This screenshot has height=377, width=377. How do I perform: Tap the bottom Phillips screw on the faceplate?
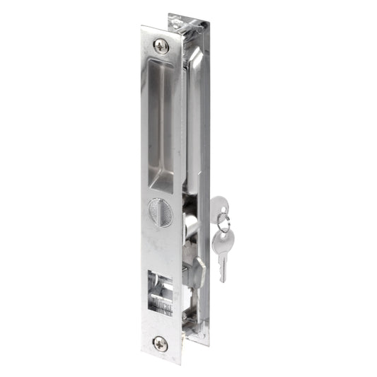click(161, 343)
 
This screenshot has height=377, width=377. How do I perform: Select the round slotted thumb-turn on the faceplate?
click(160, 211)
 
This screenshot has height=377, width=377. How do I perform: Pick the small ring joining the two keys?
click(223, 226)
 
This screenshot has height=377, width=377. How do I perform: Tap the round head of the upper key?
click(219, 206)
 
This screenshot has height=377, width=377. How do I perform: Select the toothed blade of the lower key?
click(223, 267)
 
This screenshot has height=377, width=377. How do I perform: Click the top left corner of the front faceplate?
click(142, 28)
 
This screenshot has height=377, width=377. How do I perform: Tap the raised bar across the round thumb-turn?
click(160, 211)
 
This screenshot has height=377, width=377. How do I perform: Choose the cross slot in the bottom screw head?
click(161, 343)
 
